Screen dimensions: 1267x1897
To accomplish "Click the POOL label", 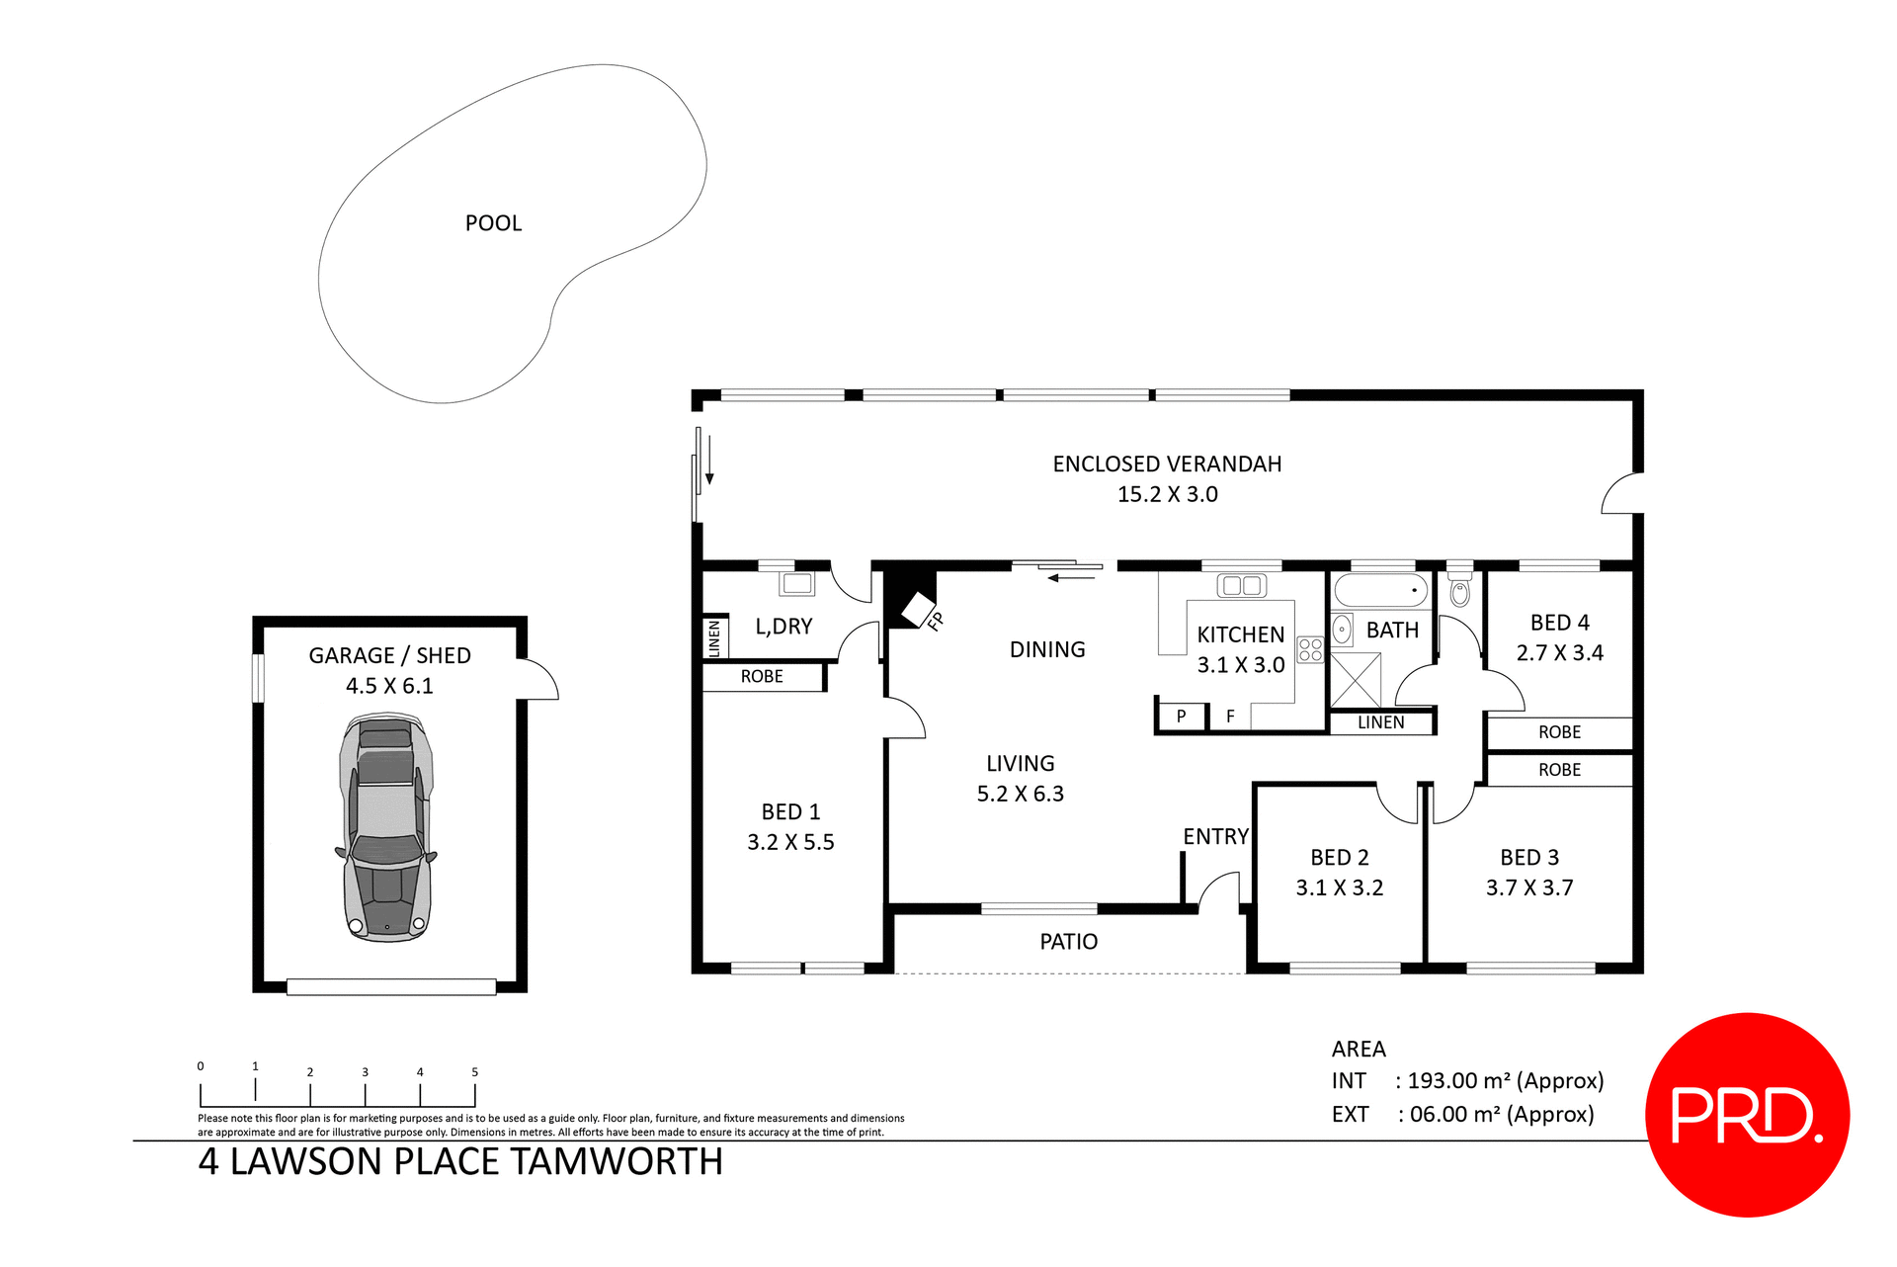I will pyautogui.click(x=493, y=223).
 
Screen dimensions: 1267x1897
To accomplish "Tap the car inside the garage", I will pyautogui.click(x=386, y=828).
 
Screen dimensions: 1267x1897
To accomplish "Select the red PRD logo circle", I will pyautogui.click(x=1746, y=1115).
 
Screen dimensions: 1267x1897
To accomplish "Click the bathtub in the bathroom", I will pyautogui.click(x=1380, y=591).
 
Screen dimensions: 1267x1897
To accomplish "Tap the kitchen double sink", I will pyautogui.click(x=1241, y=585).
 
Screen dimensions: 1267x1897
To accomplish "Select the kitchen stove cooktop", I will pyautogui.click(x=1310, y=649).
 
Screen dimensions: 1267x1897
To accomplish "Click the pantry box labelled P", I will pyautogui.click(x=1181, y=717).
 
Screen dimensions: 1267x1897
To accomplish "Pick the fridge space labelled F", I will pyautogui.click(x=1230, y=717).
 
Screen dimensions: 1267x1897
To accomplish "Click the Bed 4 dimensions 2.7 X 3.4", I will pyautogui.click(x=1559, y=652).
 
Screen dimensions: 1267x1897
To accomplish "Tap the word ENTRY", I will pyautogui.click(x=1215, y=837).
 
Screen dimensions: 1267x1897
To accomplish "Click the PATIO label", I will pyautogui.click(x=1068, y=942).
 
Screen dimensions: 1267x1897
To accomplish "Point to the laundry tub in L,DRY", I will pyautogui.click(x=796, y=583).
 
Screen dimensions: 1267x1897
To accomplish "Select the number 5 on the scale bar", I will pyautogui.click(x=474, y=1072).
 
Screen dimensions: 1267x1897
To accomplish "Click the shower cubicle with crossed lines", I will pyautogui.click(x=1356, y=679).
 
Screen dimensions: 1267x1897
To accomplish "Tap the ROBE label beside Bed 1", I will pyautogui.click(x=762, y=677).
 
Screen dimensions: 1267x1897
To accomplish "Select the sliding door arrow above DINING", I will pyautogui.click(x=1071, y=577).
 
